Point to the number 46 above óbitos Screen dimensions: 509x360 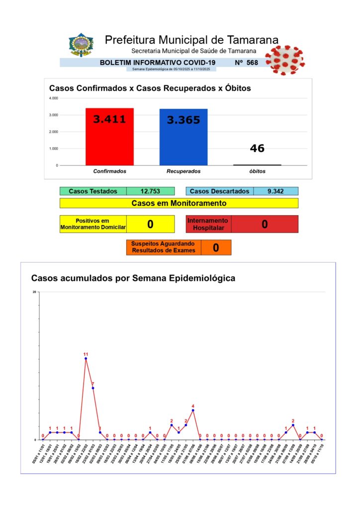click(257, 148)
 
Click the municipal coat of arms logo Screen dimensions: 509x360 click(81, 45)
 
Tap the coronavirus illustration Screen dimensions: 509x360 click(284, 60)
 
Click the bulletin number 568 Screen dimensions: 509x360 click(252, 63)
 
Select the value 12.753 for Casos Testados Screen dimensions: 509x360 click(150, 191)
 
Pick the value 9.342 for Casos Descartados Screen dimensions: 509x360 click(275, 191)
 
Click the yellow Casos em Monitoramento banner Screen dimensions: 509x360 click(179, 203)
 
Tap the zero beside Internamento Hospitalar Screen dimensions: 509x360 click(265, 224)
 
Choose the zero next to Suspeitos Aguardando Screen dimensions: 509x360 click(216, 248)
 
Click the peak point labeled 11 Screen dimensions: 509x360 click(86, 358)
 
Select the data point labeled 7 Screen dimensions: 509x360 click(93, 388)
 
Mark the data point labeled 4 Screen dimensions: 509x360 click(193, 410)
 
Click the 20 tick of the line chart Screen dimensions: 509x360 click(34, 292)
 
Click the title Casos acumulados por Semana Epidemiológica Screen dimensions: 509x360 click(133, 278)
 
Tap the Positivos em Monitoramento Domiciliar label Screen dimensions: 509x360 click(93, 224)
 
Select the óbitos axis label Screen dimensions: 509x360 click(257, 171)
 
